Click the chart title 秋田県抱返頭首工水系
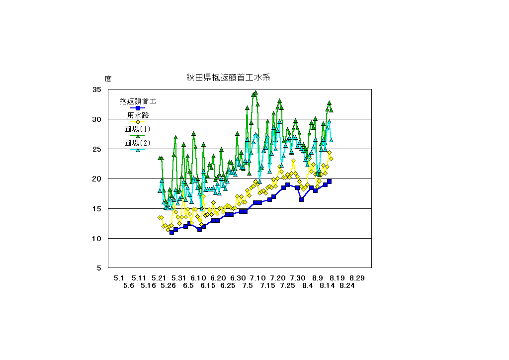click(x=228, y=78)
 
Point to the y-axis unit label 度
click(x=108, y=79)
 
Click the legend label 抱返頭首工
click(x=138, y=101)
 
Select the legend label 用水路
click(x=138, y=115)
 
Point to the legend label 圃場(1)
click(x=138, y=129)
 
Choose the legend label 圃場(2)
click(x=138, y=143)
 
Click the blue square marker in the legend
click(x=138, y=108)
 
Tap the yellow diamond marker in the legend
click(x=138, y=122)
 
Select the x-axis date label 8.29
click(x=357, y=278)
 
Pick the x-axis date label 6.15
click(x=208, y=286)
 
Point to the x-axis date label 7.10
click(x=257, y=278)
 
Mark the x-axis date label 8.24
click(x=347, y=286)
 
